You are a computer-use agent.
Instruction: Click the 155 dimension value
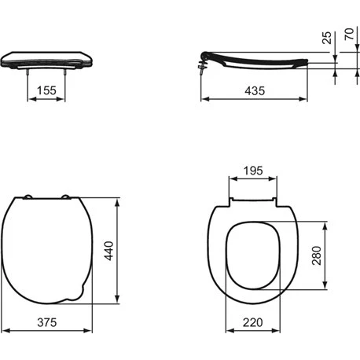[x=47, y=91]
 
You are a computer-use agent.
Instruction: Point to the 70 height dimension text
[x=348, y=37]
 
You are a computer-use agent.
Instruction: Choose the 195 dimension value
[x=252, y=171]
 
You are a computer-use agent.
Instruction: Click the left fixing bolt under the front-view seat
[x=29, y=75]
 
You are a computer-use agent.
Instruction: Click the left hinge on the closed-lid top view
[x=29, y=197]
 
